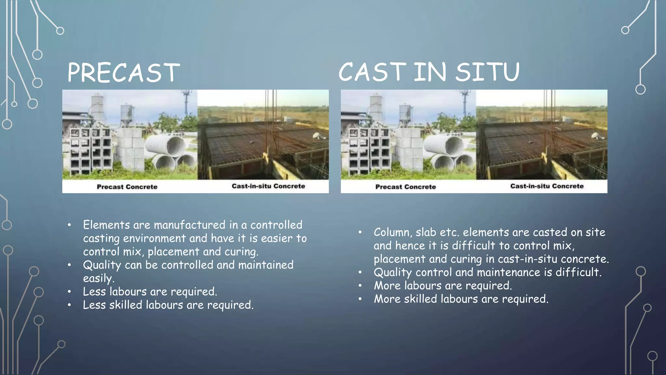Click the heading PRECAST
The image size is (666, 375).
(123, 72)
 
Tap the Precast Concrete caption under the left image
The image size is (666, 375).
(127, 187)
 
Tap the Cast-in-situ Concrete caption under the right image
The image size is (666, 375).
(547, 186)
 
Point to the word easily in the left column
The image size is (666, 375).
(98, 279)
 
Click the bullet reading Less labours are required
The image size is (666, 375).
(150, 292)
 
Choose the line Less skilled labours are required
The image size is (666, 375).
(168, 305)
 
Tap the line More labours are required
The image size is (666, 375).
(443, 286)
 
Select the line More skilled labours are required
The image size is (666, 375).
(461, 299)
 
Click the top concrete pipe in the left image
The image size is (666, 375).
(166, 145)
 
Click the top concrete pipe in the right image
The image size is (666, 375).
(444, 145)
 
